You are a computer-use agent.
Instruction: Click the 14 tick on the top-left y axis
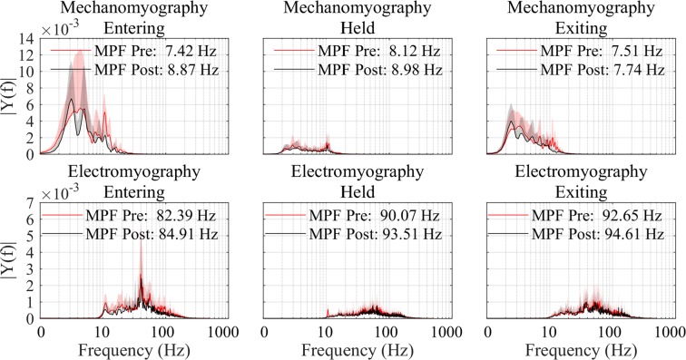click(28, 38)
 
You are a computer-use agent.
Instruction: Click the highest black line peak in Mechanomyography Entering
click(71, 101)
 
